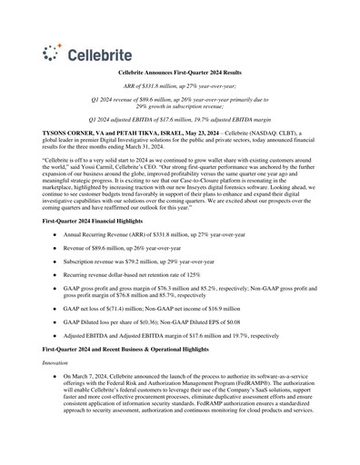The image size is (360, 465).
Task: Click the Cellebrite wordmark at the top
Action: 89,53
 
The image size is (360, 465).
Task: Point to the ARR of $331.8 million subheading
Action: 180,84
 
